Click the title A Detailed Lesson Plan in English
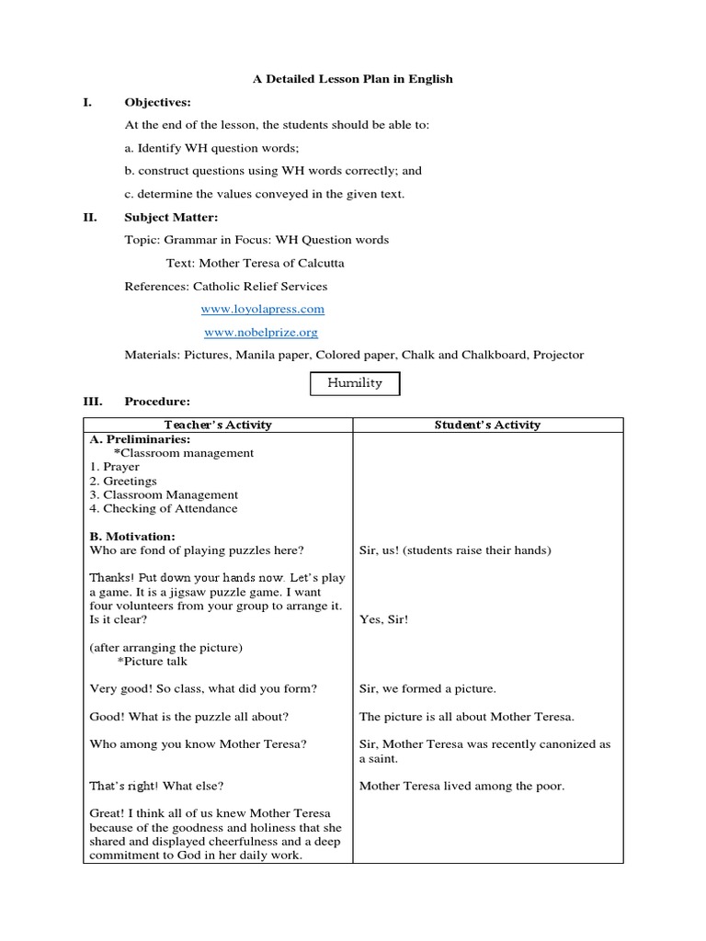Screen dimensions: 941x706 pyautogui.click(x=353, y=79)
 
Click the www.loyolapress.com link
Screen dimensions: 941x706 pyautogui.click(x=262, y=310)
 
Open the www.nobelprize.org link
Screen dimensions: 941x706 pyautogui.click(x=260, y=333)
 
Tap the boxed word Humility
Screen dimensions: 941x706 pyautogui.click(x=354, y=383)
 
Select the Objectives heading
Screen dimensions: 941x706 pyautogui.click(x=157, y=102)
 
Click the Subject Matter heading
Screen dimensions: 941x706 pyautogui.click(x=172, y=217)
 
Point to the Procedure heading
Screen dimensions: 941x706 pyautogui.click(x=157, y=402)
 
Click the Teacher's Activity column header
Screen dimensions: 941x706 pyautogui.click(x=218, y=425)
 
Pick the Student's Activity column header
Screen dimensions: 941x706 pyautogui.click(x=487, y=425)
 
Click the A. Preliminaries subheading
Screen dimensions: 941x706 pyautogui.click(x=140, y=439)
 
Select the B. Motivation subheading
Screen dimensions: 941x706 pyautogui.click(x=132, y=537)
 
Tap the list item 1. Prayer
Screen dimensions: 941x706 pyautogui.click(x=115, y=467)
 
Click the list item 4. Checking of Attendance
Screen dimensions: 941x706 pyautogui.click(x=163, y=508)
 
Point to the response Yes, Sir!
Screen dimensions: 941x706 pyautogui.click(x=384, y=619)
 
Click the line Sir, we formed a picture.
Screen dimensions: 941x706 pyautogui.click(x=427, y=688)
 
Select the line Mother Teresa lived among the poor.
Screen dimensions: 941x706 pyautogui.click(x=461, y=786)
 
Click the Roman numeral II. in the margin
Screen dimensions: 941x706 pyautogui.click(x=91, y=217)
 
